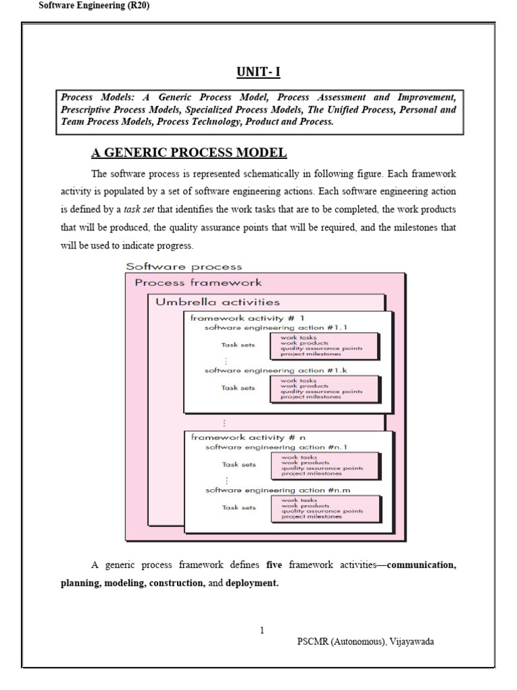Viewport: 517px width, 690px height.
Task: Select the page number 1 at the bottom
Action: coord(262,630)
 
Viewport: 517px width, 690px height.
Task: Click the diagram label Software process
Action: coord(184,267)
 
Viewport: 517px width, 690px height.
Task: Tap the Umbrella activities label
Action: coord(217,302)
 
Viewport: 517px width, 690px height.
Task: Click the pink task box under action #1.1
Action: coord(324,346)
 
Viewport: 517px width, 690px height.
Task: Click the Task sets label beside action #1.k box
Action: coord(239,388)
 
